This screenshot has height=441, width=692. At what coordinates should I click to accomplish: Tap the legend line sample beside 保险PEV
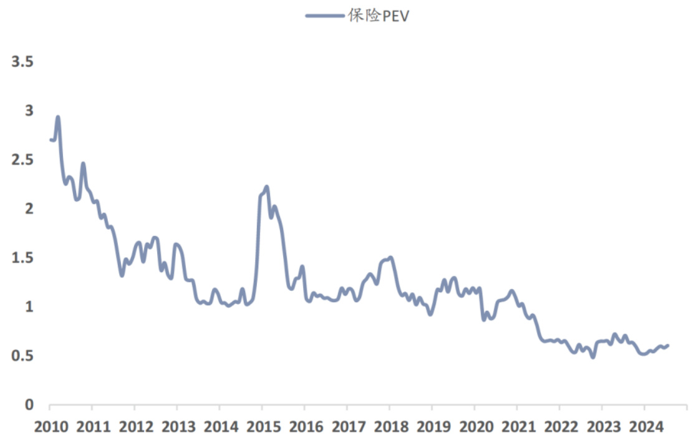325,16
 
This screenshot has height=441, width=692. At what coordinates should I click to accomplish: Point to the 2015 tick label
262,427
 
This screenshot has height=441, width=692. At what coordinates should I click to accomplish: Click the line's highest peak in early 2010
58,117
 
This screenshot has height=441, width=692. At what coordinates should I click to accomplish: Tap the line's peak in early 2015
266,187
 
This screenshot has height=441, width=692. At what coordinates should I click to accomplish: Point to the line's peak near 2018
390,257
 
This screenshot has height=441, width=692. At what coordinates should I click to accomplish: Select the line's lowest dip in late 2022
593,357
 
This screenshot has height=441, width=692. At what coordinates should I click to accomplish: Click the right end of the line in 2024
668,345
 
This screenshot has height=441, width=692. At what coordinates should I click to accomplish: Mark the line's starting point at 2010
50,140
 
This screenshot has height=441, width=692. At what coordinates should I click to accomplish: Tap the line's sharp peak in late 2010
83,164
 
